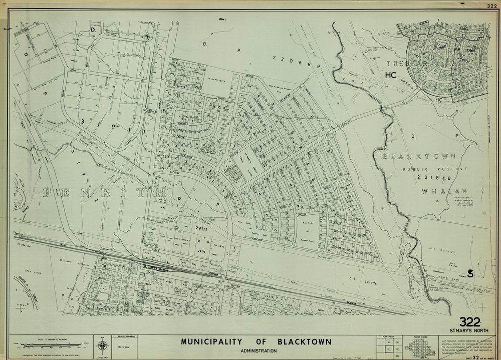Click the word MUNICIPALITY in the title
(x=211, y=342)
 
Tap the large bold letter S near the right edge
(x=470, y=273)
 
